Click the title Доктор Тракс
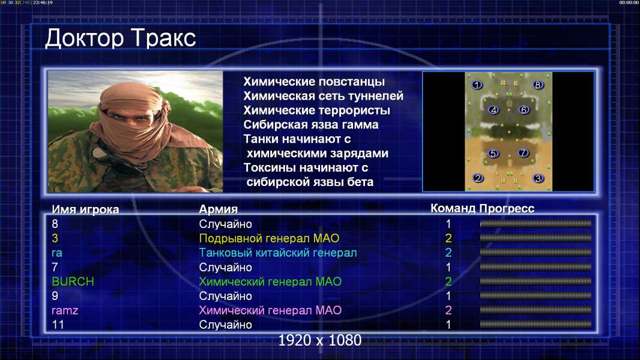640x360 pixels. (x=121, y=38)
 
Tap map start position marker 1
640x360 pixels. (x=477, y=85)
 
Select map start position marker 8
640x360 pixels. (x=537, y=85)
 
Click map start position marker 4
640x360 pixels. (x=494, y=110)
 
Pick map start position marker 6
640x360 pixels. (x=524, y=110)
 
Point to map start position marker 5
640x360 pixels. (x=493, y=153)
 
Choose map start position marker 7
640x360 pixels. (x=523, y=153)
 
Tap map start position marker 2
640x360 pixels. (x=477, y=178)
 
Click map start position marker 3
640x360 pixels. (x=538, y=179)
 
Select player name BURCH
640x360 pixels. (x=73, y=282)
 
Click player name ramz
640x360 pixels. (x=65, y=311)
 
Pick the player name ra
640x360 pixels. (x=56, y=253)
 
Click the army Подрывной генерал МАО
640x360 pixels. (x=269, y=239)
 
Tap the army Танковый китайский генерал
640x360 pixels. (x=278, y=253)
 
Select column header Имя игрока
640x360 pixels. (x=85, y=209)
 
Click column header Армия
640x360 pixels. (x=219, y=209)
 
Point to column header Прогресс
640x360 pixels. (x=507, y=209)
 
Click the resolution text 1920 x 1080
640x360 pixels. (x=319, y=340)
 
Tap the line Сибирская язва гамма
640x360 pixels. (x=311, y=125)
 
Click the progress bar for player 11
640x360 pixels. (x=536, y=325)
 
